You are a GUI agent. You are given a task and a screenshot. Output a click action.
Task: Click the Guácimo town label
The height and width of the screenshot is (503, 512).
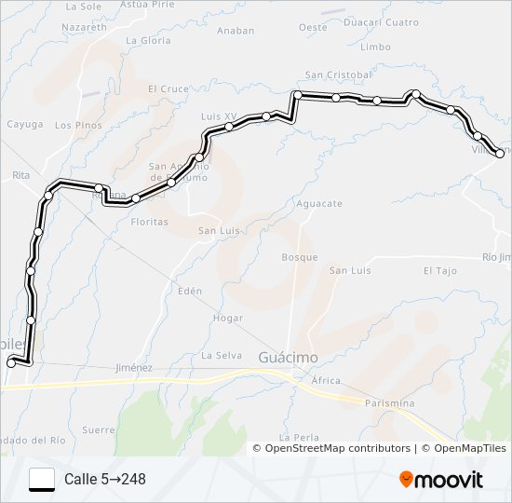(x=288, y=358)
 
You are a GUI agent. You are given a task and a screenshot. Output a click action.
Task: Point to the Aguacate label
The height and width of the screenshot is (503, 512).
(x=318, y=203)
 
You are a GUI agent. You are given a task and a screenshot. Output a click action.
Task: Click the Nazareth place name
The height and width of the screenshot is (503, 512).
(x=84, y=29)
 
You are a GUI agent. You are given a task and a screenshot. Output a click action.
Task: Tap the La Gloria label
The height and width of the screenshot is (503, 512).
(x=149, y=41)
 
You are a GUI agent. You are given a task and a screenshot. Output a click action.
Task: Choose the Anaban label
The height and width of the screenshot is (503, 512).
(x=236, y=31)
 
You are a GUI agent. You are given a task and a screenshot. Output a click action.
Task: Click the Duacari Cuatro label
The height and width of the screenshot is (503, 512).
(x=382, y=22)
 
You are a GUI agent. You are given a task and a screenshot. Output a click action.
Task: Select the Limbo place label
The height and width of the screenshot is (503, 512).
(x=374, y=47)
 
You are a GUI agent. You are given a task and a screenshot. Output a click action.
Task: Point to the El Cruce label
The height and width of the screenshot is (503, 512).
(x=168, y=89)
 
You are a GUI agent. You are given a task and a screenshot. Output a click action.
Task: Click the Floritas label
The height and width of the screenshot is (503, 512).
(x=149, y=222)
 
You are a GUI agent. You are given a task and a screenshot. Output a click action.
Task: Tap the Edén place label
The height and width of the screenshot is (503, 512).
(x=189, y=291)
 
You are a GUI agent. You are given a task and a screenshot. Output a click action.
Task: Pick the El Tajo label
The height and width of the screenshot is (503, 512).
(x=440, y=271)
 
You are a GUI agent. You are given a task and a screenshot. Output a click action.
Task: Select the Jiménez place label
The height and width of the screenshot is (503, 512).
(x=133, y=368)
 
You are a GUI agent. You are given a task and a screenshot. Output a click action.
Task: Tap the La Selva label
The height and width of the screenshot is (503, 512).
(x=222, y=355)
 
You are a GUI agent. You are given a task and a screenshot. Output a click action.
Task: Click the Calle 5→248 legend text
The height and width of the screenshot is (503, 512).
(x=105, y=480)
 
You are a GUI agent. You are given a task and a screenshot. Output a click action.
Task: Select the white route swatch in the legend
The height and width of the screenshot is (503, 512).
(x=42, y=479)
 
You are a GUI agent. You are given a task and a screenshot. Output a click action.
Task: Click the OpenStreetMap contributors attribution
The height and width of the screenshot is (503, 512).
(x=338, y=448)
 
